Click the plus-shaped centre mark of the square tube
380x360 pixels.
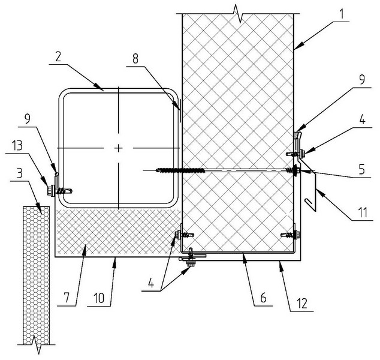coord(119,147)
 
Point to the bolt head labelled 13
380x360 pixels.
coord(50,191)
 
